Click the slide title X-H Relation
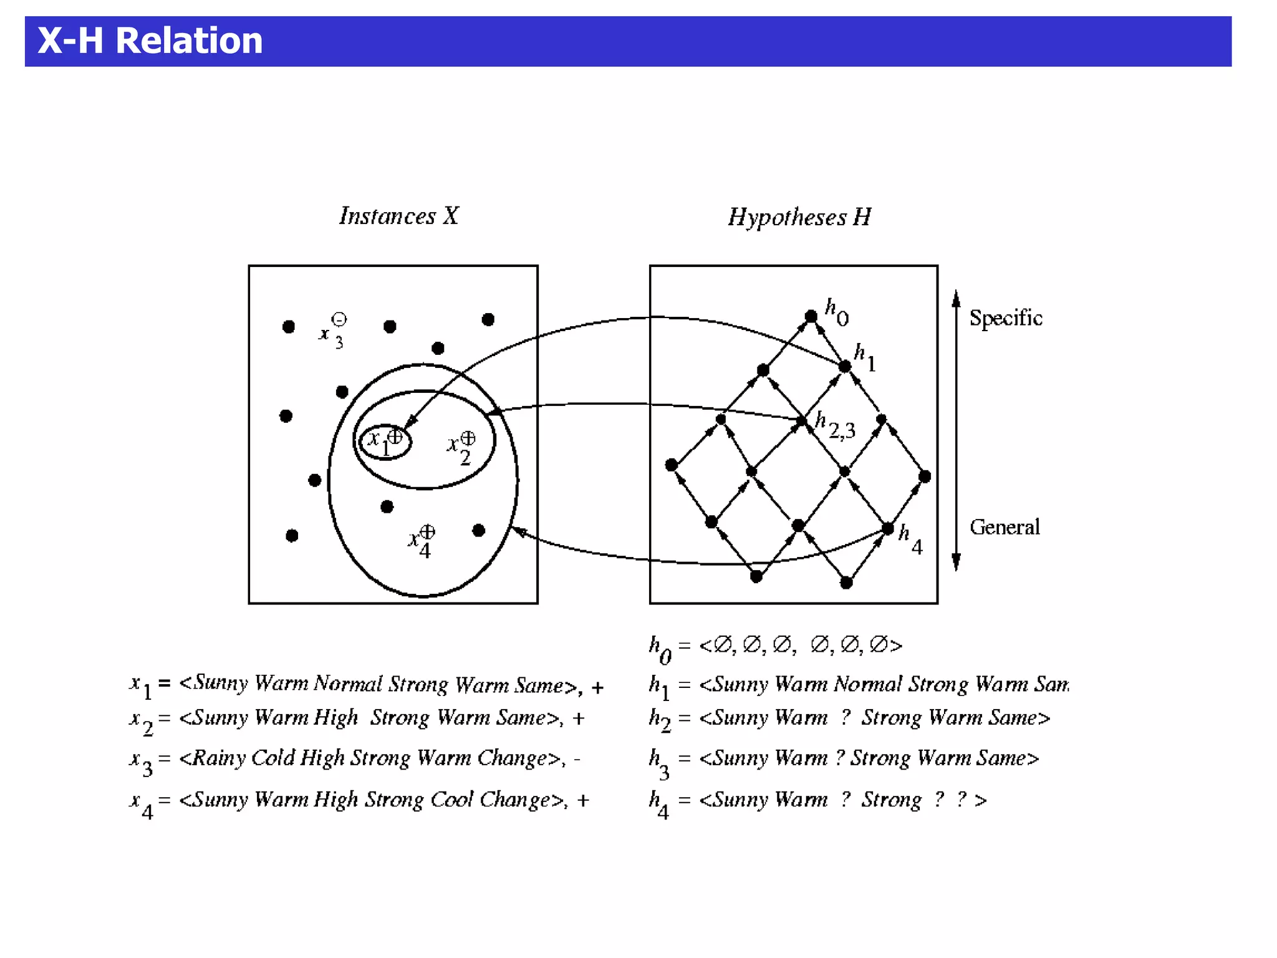150,41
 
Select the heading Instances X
399,216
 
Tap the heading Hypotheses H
799,217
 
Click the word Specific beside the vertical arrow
1005,318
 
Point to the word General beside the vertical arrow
1005,527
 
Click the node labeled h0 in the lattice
811,316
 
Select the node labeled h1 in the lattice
845,366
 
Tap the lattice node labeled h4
888,530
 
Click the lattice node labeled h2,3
802,421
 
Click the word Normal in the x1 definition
348,684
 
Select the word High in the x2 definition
335,718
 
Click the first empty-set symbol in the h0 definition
723,645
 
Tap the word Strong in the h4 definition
891,800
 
